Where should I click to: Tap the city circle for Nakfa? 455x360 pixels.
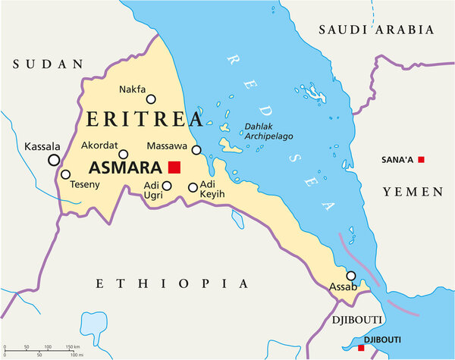(x=151, y=99)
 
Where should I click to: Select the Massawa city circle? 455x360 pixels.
(x=196, y=150)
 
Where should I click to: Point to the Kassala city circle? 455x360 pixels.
(x=54, y=160)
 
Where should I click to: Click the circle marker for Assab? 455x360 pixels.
(x=351, y=276)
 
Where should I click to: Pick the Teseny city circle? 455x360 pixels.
(x=65, y=174)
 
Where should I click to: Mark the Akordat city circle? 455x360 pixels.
(x=123, y=155)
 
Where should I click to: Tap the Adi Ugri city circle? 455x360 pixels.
(x=168, y=185)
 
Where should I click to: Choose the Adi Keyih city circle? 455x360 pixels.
(x=193, y=187)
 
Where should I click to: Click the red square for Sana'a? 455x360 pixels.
(x=422, y=159)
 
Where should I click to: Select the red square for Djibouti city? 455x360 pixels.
(x=360, y=349)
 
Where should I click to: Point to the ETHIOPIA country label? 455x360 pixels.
(x=172, y=283)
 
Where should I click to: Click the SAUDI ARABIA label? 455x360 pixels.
(x=376, y=30)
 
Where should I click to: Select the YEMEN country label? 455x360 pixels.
(x=412, y=192)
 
